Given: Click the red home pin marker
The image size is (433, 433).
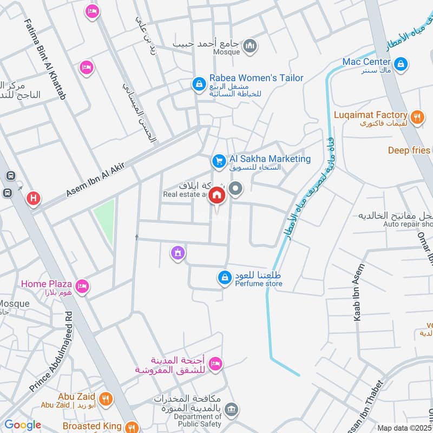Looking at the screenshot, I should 217,196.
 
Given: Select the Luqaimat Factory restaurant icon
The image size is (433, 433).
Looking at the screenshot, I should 416,116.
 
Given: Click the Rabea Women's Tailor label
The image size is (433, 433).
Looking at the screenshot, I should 256,78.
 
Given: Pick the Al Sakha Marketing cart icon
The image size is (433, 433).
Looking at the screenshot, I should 219,161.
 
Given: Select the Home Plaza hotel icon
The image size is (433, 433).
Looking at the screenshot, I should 82,285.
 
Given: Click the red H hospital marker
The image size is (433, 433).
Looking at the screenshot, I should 34,199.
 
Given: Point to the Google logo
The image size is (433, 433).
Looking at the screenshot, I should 22,425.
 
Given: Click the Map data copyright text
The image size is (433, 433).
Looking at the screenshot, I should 404,428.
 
